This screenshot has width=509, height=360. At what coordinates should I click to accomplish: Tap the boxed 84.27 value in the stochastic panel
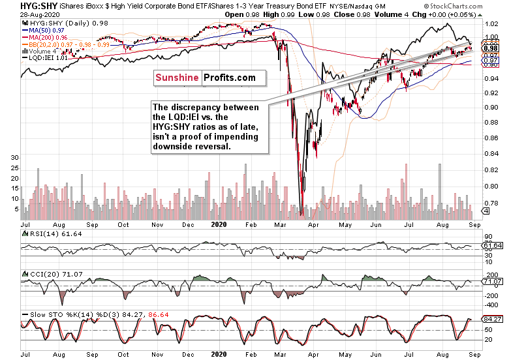[492, 320]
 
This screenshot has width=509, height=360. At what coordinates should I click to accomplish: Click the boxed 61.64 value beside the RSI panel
[492, 245]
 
